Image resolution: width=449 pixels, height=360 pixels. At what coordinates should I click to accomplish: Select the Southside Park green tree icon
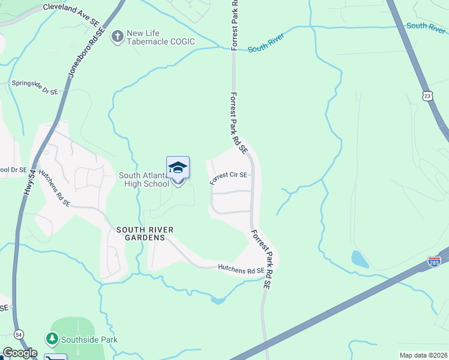tap(52, 340)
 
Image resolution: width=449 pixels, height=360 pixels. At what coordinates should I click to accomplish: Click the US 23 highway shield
tap(427, 96)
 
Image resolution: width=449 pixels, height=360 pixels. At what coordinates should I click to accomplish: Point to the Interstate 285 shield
tap(434, 262)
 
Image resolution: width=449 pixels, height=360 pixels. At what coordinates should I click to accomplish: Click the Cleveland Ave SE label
tap(71, 14)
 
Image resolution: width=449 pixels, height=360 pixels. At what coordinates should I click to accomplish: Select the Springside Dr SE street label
tap(35, 88)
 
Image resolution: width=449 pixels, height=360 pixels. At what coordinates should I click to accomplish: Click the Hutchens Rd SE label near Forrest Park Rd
tap(241, 270)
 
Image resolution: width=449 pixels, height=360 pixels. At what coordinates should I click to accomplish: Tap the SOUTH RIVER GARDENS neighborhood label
tap(140, 233)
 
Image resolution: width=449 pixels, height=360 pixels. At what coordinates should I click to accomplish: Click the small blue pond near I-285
tap(360, 259)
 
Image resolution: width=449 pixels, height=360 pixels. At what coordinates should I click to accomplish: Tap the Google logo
tap(19, 353)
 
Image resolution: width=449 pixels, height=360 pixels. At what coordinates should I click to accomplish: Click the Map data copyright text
tap(423, 355)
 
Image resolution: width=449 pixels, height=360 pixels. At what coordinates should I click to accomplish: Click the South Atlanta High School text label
tap(144, 179)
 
